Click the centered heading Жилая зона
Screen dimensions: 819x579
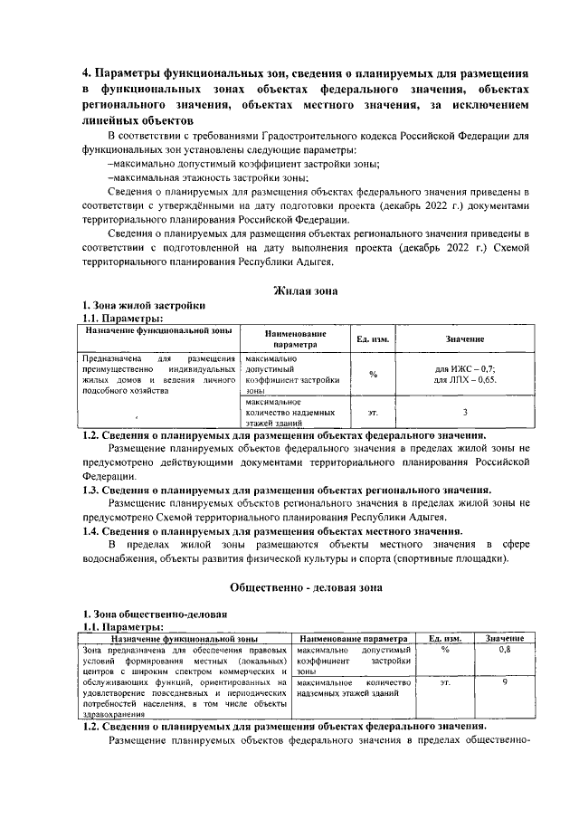pyautogui.click(x=305, y=290)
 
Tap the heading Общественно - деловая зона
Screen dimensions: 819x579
pyautogui.click(x=306, y=586)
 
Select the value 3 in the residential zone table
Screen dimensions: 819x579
pyautogui.click(x=464, y=412)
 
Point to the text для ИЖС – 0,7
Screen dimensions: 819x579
pyautogui.click(x=465, y=370)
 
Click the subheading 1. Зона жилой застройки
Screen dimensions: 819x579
pyautogui.click(x=137, y=306)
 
